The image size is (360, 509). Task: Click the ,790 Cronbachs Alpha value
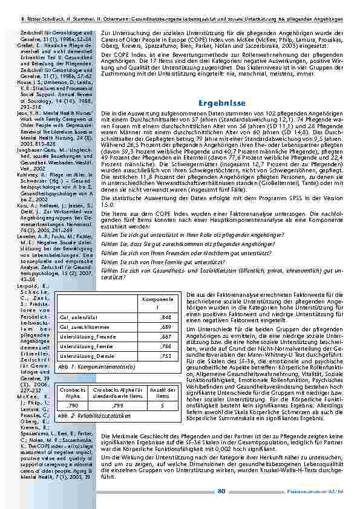72,406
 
